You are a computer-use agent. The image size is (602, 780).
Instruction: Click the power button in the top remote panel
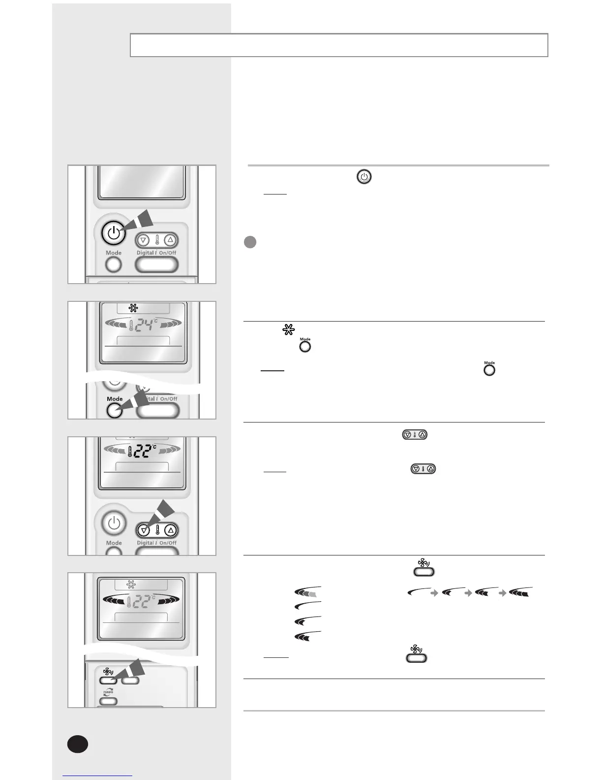coord(113,233)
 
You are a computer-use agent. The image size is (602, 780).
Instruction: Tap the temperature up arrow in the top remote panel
coord(170,240)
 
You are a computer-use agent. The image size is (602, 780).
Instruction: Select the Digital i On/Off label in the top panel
coord(156,253)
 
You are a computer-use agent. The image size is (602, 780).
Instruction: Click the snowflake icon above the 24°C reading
coord(133,308)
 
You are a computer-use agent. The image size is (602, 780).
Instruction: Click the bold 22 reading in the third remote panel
coord(143,451)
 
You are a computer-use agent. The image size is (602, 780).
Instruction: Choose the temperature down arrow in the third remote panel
coord(143,530)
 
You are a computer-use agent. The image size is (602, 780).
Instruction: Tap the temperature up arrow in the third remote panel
coord(171,530)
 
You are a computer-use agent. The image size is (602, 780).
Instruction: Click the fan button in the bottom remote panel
coord(107,681)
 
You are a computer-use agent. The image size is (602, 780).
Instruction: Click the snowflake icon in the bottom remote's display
coord(131,585)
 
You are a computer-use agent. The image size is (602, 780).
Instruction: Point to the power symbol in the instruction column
coord(364,177)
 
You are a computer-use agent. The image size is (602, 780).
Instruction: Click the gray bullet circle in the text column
coord(250,242)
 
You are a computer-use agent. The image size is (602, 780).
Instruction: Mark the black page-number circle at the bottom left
coord(78,744)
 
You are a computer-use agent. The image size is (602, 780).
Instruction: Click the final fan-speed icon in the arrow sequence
coord(521,592)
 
